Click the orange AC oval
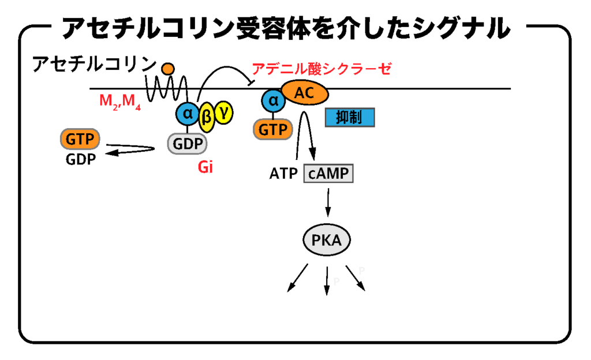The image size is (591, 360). (x=305, y=92)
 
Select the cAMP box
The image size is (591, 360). (x=328, y=173)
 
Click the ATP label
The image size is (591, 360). (x=283, y=173)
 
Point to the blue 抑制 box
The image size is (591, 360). (x=350, y=118)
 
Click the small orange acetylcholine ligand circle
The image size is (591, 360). (x=168, y=69)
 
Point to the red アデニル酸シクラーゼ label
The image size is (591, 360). (x=321, y=69)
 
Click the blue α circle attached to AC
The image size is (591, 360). (x=272, y=102)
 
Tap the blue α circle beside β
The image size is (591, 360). (x=188, y=113)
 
